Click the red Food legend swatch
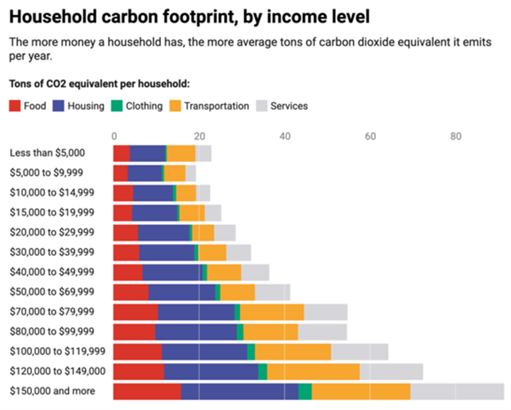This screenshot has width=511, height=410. [15, 106]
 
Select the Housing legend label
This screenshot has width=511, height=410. [85, 106]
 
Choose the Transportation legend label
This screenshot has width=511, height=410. [216, 106]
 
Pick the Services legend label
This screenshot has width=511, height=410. [289, 106]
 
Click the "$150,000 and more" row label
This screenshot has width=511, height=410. [52, 391]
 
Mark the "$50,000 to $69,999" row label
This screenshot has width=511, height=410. [52, 292]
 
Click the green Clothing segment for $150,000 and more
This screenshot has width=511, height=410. [305, 391]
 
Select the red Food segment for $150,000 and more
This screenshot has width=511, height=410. [147, 391]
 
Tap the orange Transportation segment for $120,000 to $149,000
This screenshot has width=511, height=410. [313, 372]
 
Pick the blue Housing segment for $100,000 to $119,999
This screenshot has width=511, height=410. [205, 352]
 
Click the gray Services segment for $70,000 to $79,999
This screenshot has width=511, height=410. [326, 312]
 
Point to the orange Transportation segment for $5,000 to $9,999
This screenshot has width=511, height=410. [175, 173]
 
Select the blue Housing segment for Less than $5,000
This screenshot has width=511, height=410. [148, 153]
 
